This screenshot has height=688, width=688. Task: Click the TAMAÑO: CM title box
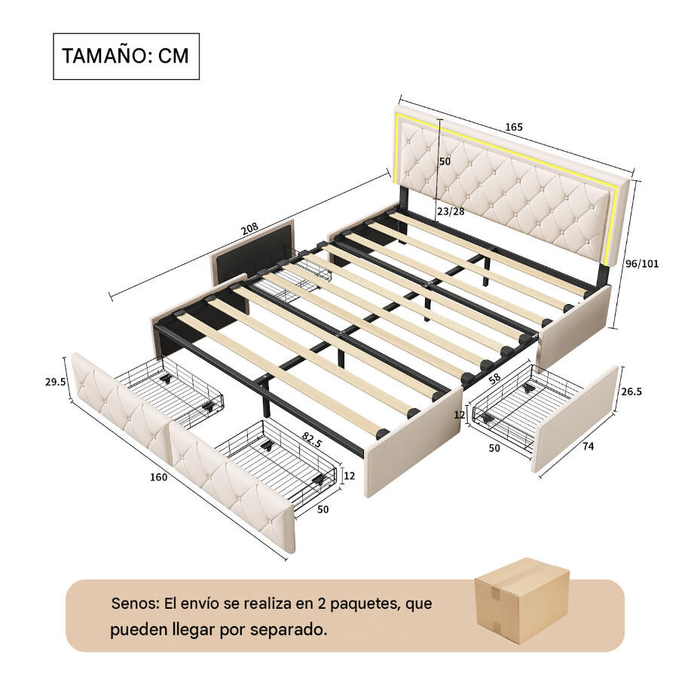pyautogui.click(x=127, y=57)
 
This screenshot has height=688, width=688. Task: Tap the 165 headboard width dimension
pyautogui.click(x=514, y=127)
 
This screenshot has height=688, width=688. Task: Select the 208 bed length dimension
pyautogui.click(x=249, y=229)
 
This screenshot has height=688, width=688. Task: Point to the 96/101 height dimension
pyautogui.click(x=642, y=263)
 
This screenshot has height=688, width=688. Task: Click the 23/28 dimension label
pyautogui.click(x=451, y=211)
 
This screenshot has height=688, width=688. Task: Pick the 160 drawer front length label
pyautogui.click(x=158, y=477)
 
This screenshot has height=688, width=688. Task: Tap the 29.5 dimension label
pyautogui.click(x=55, y=382)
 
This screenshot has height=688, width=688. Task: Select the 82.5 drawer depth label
pyautogui.click(x=311, y=439)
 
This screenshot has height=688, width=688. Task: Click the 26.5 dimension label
pyautogui.click(x=631, y=392)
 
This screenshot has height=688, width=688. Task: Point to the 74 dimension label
pyautogui.click(x=588, y=447)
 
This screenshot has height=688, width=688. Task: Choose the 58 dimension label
pyautogui.click(x=495, y=379)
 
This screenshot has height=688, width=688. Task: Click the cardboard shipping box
pyautogui.click(x=521, y=600)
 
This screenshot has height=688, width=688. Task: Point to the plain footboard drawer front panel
pyautogui.click(x=574, y=419)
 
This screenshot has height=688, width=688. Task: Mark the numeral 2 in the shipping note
pyautogui.click(x=322, y=604)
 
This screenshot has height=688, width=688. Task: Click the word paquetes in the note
pyautogui.click(x=366, y=604)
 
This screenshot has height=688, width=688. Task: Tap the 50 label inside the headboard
pyautogui.click(x=445, y=161)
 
